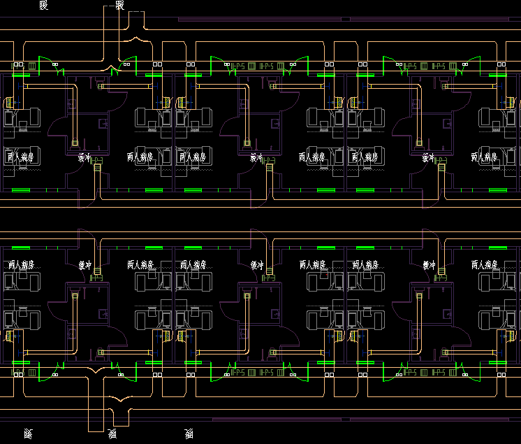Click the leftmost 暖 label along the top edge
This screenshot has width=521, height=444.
click(x=44, y=6)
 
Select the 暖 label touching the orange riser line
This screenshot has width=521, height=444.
click(x=119, y=6)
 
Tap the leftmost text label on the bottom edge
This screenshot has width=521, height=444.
click(x=28, y=434)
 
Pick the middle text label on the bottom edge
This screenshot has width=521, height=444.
click(x=112, y=434)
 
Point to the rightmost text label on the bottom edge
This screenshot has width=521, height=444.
click(x=189, y=434)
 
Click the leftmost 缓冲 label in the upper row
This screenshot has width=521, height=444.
click(x=85, y=157)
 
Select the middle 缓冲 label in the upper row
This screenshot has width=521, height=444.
click(x=256, y=157)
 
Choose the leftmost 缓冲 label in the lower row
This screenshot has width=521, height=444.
click(x=85, y=265)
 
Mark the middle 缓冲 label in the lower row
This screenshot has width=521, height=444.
click(x=256, y=265)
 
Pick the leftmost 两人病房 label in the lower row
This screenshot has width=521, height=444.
click(x=22, y=265)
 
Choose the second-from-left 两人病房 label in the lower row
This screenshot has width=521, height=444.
click(x=140, y=265)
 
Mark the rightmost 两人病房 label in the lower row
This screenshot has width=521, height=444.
click(x=485, y=265)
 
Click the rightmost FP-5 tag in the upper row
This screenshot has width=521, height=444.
click(x=440, y=66)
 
